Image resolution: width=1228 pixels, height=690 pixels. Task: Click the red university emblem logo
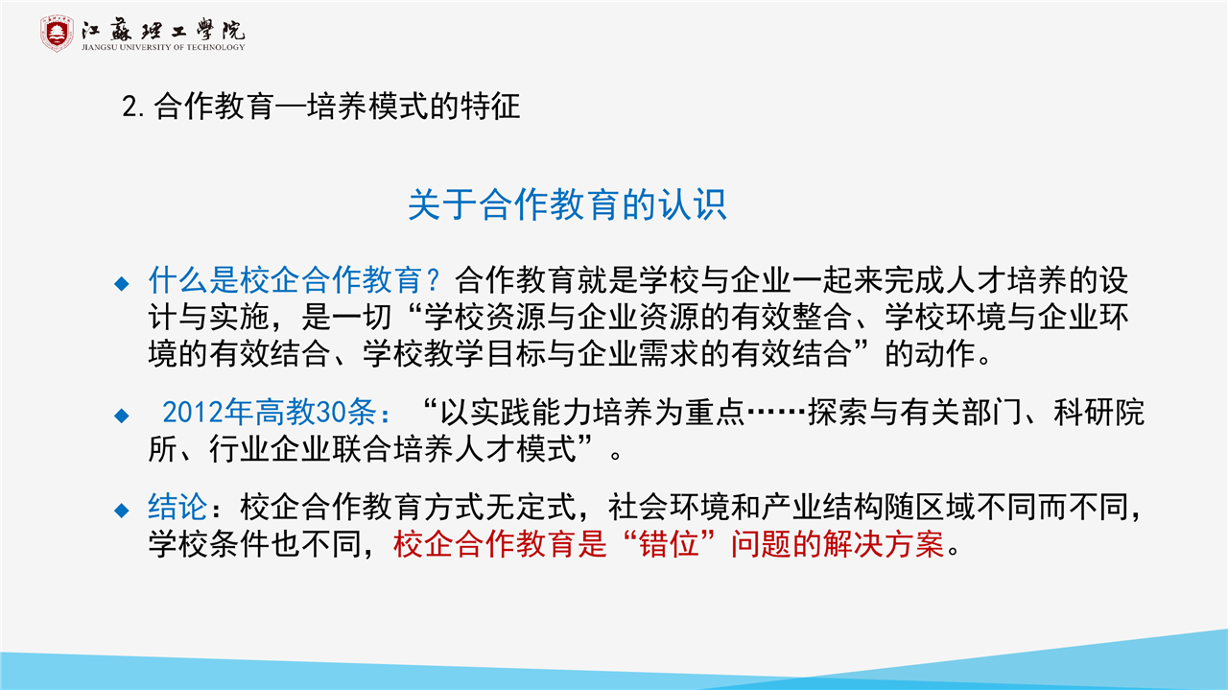click(57, 34)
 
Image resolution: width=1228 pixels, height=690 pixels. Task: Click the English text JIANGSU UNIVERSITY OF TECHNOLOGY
click(163, 47)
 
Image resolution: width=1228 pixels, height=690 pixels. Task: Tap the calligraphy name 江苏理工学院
click(163, 29)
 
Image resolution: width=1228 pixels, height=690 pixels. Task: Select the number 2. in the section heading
click(133, 107)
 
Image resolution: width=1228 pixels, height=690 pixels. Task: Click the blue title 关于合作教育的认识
click(567, 204)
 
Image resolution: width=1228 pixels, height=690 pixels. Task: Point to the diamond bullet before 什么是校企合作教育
click(121, 283)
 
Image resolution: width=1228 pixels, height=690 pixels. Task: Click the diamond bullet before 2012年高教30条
click(121, 416)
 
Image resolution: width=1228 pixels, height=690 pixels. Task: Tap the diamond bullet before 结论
click(121, 511)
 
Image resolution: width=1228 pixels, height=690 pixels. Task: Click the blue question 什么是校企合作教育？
click(295, 280)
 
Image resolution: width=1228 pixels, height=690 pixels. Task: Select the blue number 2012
click(193, 413)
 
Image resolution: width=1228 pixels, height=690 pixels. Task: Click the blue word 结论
click(177, 507)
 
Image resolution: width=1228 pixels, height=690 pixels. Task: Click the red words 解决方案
click(884, 544)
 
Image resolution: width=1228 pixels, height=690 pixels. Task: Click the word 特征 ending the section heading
click(490, 107)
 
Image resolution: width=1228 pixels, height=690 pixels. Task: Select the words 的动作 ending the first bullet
click(931, 354)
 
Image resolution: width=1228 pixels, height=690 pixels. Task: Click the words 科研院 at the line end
click(1099, 413)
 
